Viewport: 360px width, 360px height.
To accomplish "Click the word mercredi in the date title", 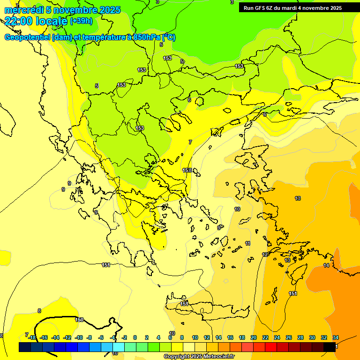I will click(23, 10).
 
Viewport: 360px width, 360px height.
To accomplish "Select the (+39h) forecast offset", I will click(81, 21).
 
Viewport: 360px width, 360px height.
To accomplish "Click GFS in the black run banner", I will click(260, 8).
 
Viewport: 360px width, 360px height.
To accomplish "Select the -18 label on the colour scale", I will click(32, 337).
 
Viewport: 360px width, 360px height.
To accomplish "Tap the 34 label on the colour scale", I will click(336, 337).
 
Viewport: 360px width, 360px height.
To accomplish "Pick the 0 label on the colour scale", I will click(135, 337).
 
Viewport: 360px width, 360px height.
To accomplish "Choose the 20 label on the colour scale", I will click(254, 337).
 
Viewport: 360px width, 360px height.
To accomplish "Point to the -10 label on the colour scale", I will click(79, 337).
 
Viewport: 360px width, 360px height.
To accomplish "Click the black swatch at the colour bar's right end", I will click(330, 347).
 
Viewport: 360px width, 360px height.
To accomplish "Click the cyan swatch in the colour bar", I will click(118, 347).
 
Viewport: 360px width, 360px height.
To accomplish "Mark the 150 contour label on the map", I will click(79, 320).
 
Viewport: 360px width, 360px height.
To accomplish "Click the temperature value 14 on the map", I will click(326, 266).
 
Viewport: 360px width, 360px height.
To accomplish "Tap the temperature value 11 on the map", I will click(247, 244).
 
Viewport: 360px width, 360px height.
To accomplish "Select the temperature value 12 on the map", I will click(265, 255).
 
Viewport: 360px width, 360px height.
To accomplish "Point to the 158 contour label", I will click(187, 170).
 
